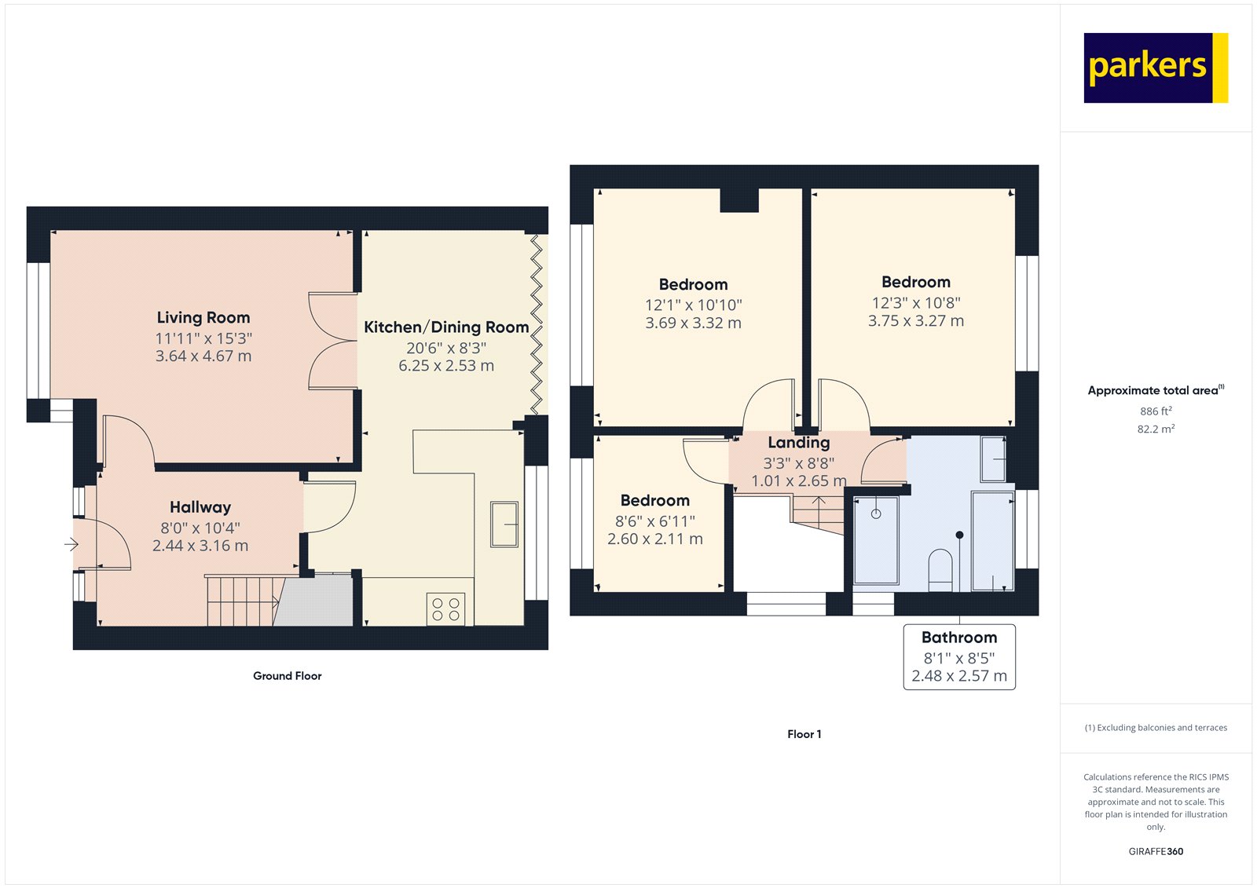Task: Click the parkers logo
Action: pos(1154,68)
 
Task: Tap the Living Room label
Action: pos(203,318)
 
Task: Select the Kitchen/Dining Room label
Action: pos(446,327)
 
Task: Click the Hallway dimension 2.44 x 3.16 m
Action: pos(200,546)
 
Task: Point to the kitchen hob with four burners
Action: pos(445,609)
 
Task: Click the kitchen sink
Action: pos(504,524)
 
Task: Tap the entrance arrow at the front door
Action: pos(71,544)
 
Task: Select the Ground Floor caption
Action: pos(287,676)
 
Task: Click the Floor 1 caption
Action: pos(804,734)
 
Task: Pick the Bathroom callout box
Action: pos(958,657)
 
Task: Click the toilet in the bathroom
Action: pos(940,569)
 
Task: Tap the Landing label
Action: pos(798,443)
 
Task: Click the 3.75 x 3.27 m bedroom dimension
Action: pos(915,321)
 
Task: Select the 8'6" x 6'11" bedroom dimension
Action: pos(654,521)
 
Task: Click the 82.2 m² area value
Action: pos(1156,429)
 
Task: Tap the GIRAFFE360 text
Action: pos(1156,851)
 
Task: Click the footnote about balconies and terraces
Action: pos(1156,728)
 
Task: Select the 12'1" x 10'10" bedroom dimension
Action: pos(693,305)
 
